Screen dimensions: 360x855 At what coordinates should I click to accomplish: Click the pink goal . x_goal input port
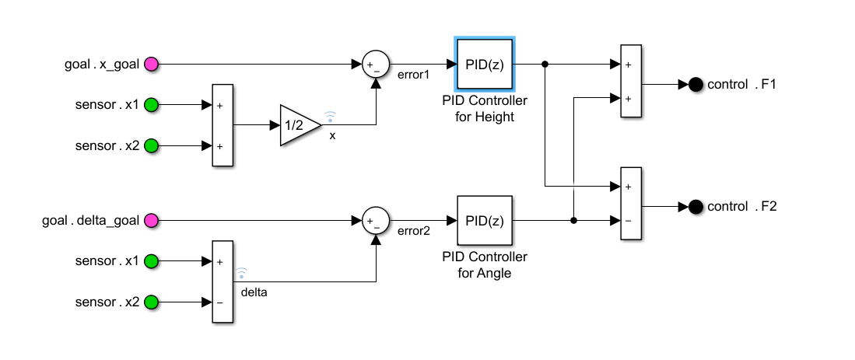click(152, 64)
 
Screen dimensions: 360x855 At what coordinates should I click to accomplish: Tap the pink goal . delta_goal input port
click(152, 221)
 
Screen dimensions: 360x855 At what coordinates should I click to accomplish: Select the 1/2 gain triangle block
click(298, 124)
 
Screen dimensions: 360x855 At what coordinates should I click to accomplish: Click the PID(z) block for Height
click(485, 64)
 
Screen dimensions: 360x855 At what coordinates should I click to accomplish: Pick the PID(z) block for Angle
click(485, 221)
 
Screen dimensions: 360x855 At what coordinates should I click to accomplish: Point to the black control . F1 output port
click(695, 84)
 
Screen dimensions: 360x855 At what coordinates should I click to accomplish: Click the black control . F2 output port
click(695, 207)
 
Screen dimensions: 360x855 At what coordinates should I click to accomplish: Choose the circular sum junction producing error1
click(376, 64)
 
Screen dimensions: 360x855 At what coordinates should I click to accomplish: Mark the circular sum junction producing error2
click(376, 221)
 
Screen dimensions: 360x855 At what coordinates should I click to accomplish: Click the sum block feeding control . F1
click(630, 80)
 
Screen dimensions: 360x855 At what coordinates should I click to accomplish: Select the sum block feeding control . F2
click(630, 204)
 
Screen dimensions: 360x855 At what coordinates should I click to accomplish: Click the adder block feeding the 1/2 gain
click(223, 125)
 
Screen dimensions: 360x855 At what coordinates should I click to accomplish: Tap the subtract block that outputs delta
click(223, 281)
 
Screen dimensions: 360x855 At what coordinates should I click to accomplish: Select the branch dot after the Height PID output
click(545, 64)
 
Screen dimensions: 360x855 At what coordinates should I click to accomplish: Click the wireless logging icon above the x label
click(330, 117)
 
